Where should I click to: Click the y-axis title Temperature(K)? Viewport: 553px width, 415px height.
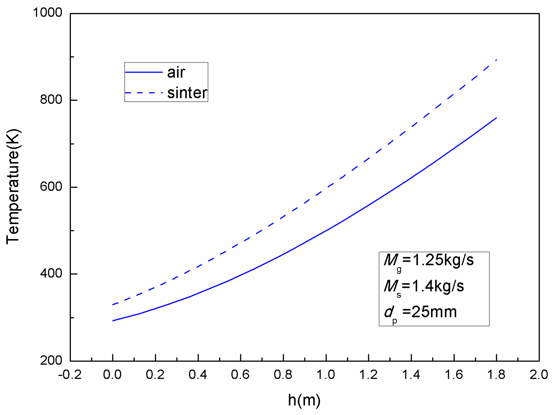point(13,187)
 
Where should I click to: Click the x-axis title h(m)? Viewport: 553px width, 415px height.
point(304,400)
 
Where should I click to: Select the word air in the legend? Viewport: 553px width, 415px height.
point(176,72)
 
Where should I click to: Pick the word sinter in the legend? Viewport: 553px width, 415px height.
point(187,93)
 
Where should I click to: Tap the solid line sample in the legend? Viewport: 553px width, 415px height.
point(144,72)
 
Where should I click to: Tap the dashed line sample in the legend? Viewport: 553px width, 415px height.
point(144,93)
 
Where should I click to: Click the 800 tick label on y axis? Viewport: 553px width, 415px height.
point(51,100)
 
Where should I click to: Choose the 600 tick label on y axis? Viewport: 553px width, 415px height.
point(51,187)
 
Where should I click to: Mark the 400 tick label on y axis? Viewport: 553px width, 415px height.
point(51,273)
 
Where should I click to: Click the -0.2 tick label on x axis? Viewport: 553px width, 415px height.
point(70,375)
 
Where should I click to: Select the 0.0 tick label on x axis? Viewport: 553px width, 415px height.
point(112,375)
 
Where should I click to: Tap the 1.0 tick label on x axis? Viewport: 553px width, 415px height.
point(326,375)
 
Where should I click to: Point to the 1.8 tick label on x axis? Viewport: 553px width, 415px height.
point(496,375)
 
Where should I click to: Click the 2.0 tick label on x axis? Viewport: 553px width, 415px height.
point(539,375)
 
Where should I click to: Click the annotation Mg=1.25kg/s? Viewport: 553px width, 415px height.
point(429,260)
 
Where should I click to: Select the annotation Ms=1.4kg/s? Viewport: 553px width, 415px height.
point(424,286)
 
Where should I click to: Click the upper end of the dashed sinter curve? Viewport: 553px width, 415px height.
point(496,60)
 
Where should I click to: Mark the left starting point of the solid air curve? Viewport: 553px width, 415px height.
point(113,321)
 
